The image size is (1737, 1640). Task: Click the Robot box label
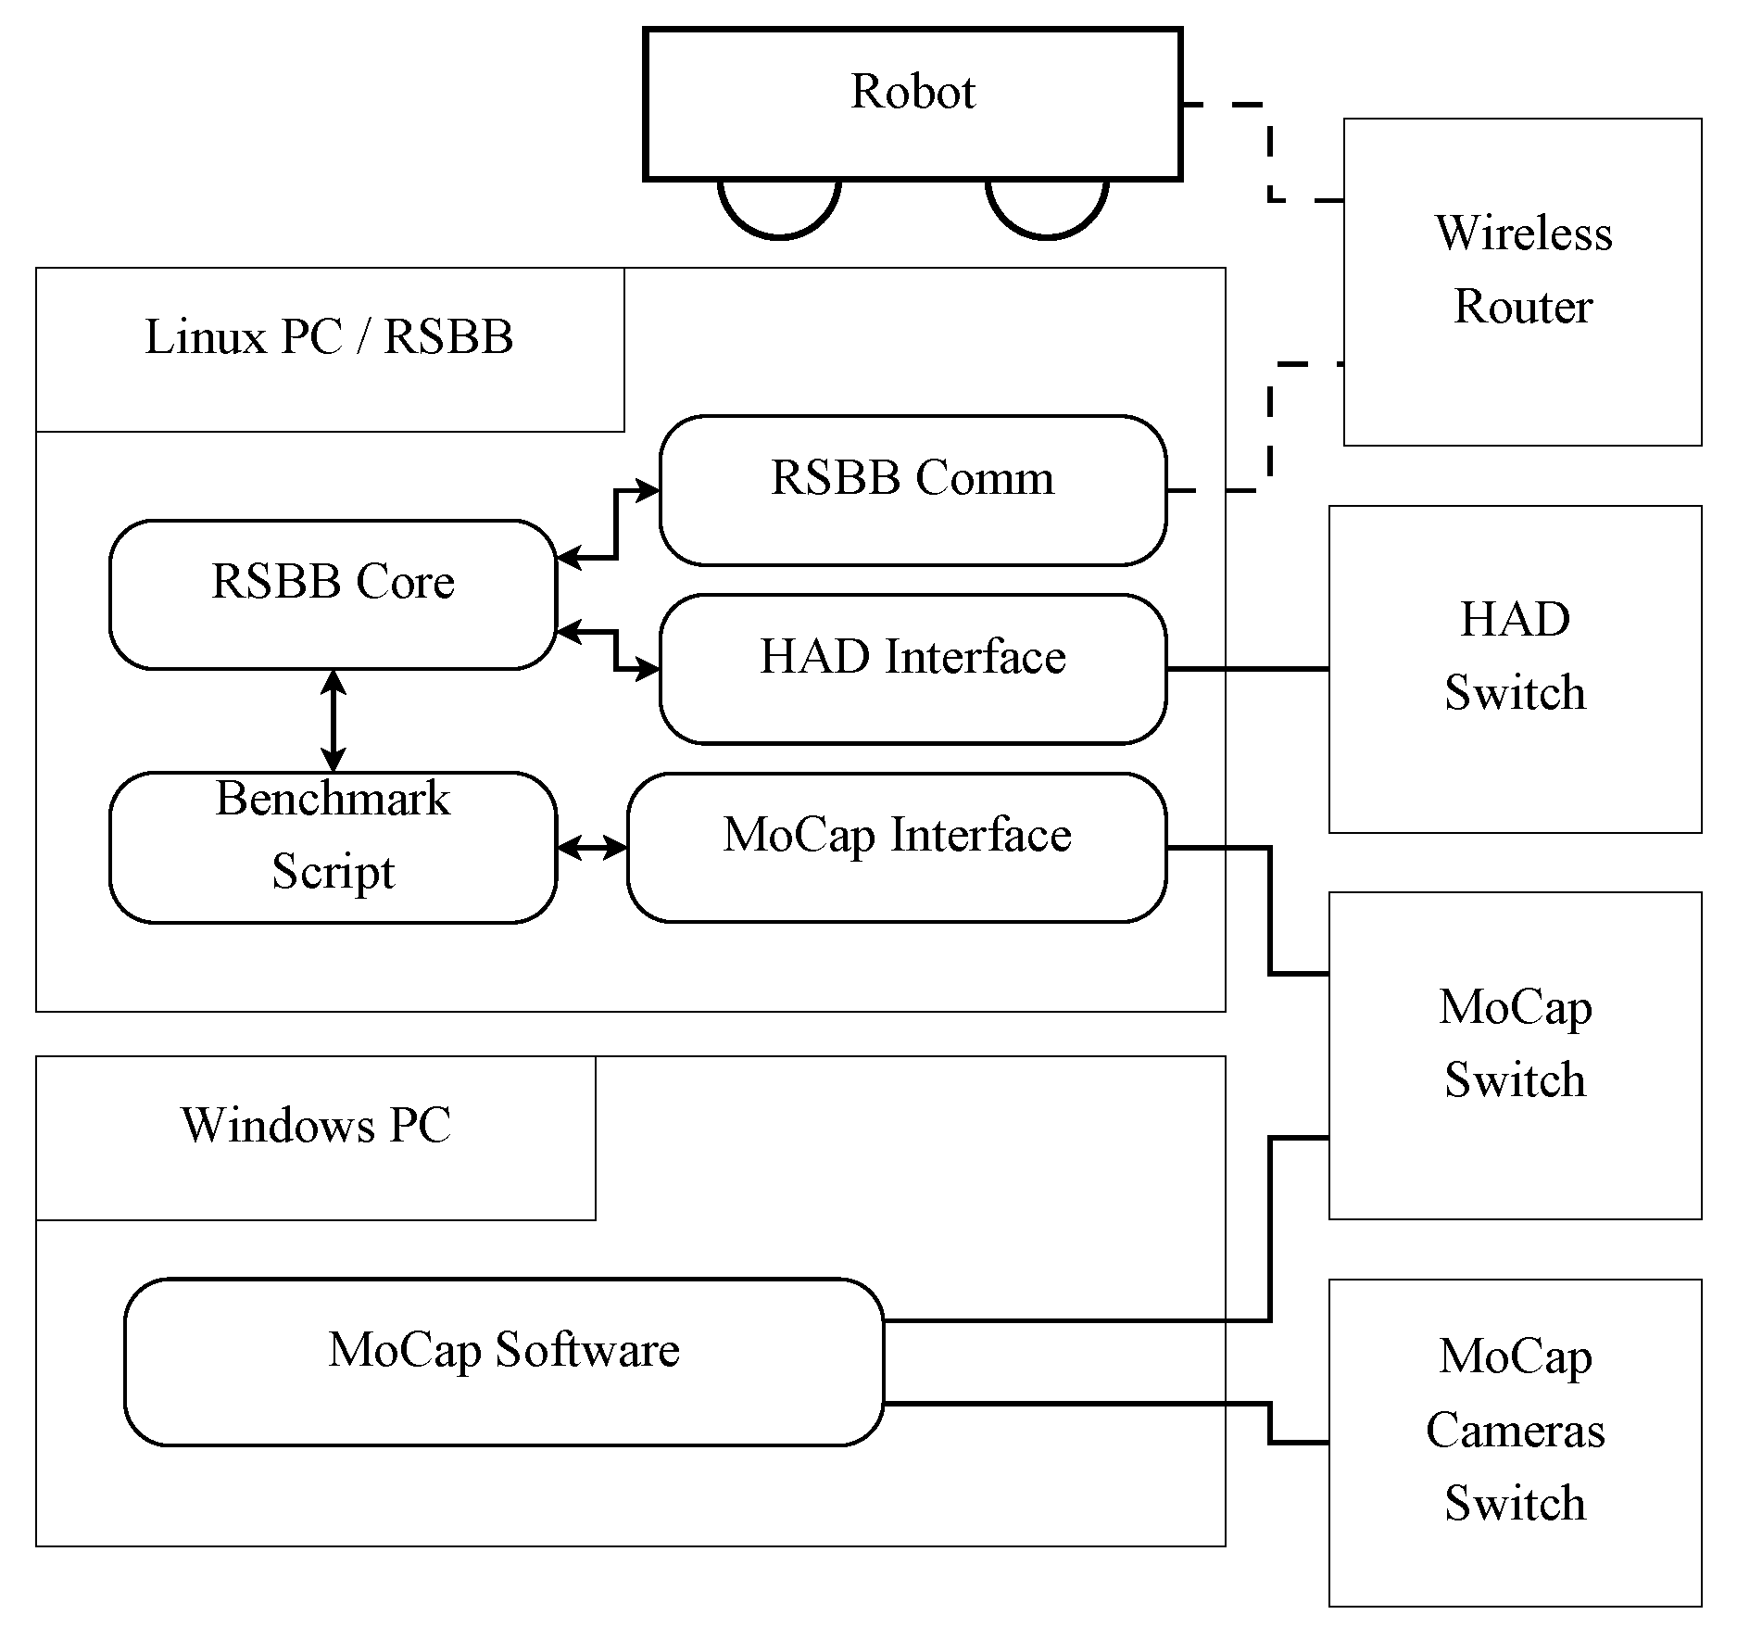click(x=913, y=92)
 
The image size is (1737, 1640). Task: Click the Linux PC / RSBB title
click(x=329, y=338)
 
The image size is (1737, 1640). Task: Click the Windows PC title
click(x=316, y=1127)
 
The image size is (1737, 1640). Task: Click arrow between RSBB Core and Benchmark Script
click(x=333, y=721)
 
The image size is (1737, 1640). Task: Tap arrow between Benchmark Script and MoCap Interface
click(x=592, y=847)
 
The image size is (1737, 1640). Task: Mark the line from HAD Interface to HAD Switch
click(x=1247, y=668)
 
